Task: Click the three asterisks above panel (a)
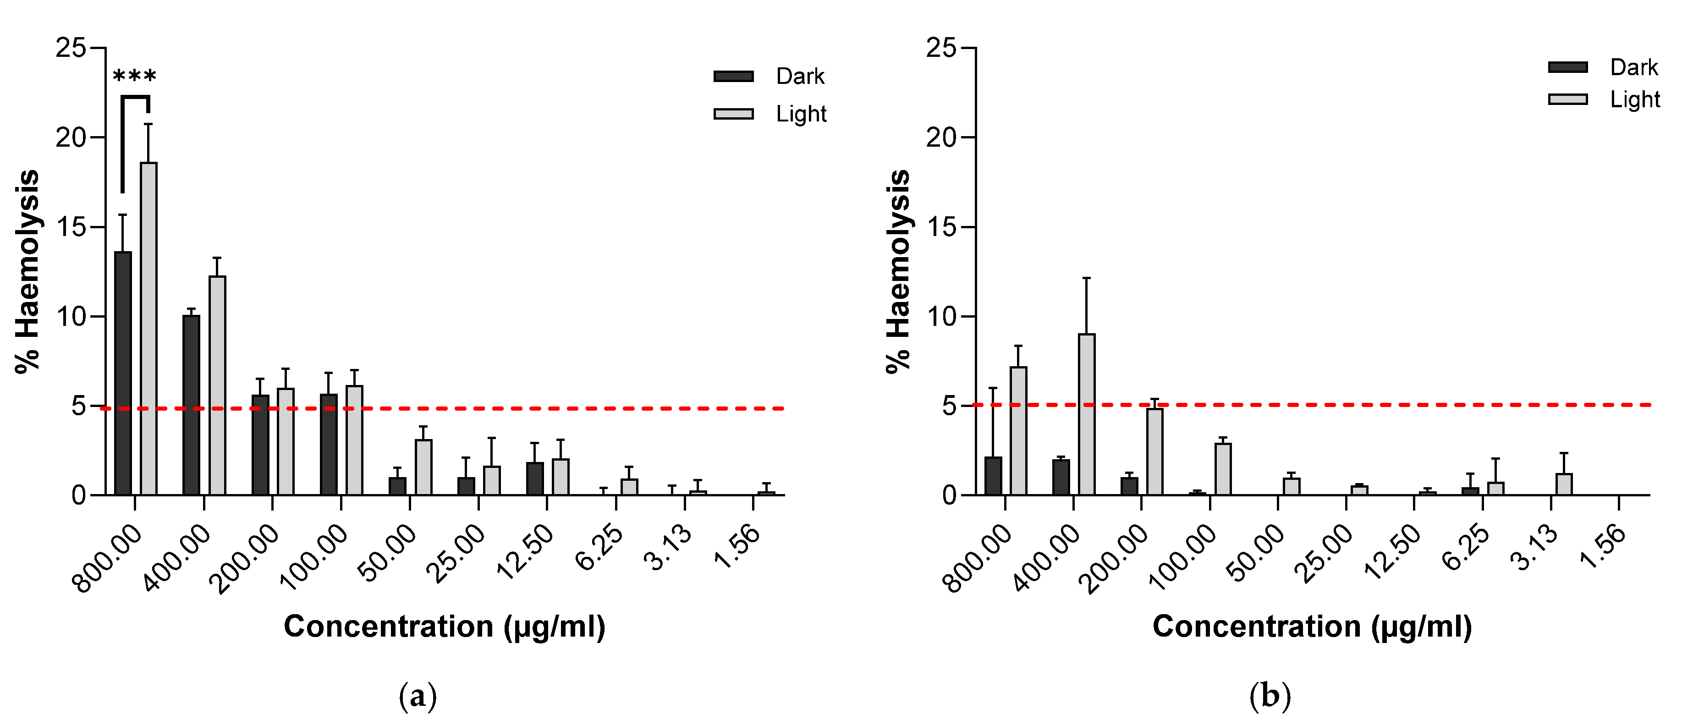[134, 77]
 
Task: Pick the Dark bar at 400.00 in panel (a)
[191, 405]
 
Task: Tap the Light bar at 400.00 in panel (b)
[1087, 414]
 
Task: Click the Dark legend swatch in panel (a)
[733, 77]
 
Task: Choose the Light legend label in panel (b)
[1634, 99]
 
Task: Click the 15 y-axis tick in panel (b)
[941, 227]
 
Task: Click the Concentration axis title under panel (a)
[445, 627]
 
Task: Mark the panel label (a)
[417, 696]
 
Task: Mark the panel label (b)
[1270, 696]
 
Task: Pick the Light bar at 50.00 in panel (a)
[423, 467]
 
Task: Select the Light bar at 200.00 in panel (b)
[1154, 452]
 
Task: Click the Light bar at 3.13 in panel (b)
[1564, 484]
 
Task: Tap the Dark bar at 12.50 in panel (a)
[535, 478]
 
